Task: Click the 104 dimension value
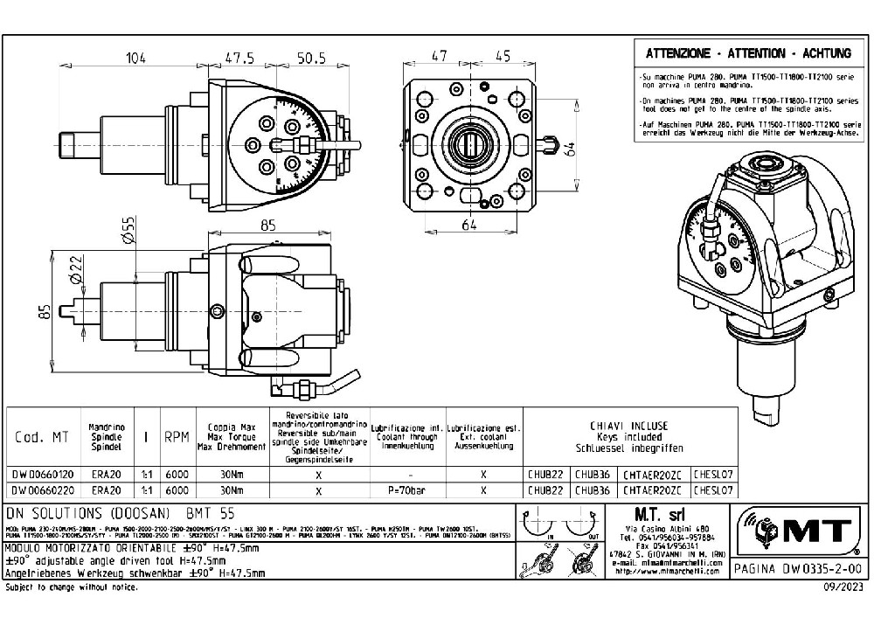coord(135,59)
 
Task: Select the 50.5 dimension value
coord(310,59)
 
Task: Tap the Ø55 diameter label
coord(128,230)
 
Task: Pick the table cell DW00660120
coord(40,474)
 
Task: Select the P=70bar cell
coord(408,490)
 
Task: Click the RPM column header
coord(177,436)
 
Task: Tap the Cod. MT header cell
coord(40,436)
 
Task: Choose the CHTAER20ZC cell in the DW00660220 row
coord(655,490)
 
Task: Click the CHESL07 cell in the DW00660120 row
coord(712,474)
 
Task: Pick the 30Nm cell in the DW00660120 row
coord(232,474)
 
